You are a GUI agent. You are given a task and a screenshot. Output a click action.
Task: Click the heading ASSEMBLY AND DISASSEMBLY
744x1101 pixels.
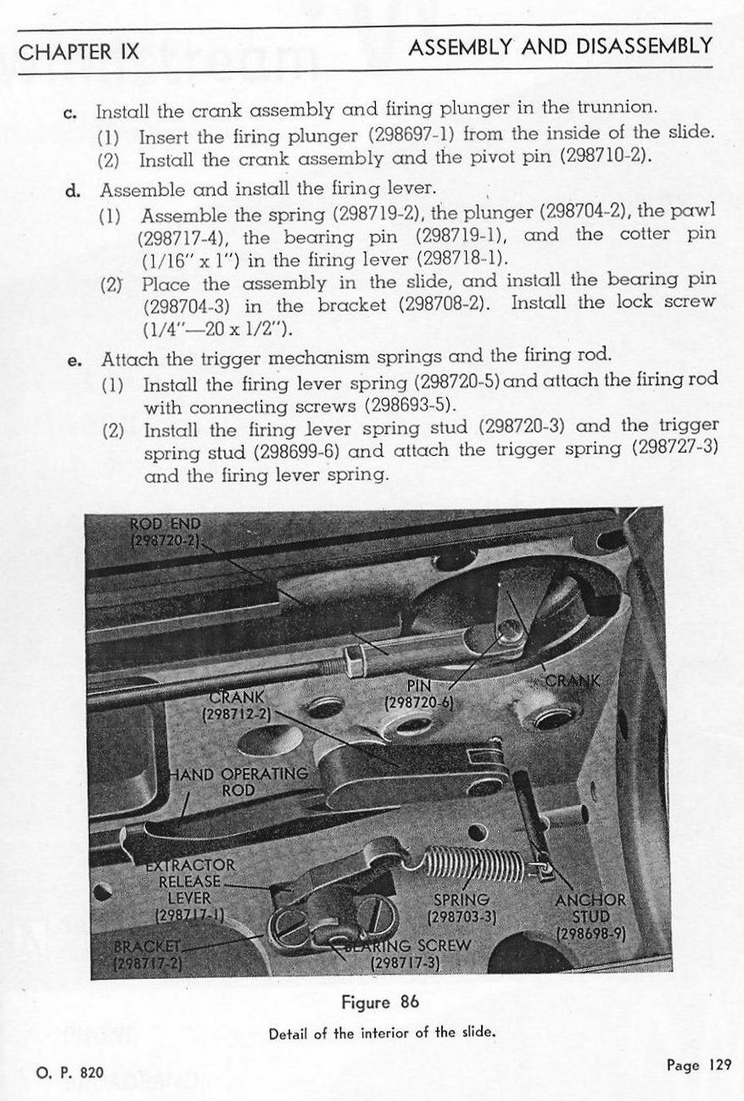(x=560, y=47)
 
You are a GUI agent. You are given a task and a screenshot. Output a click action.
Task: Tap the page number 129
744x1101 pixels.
(x=697, y=1065)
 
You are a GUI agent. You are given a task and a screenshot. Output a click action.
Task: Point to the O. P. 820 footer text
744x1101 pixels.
(x=70, y=1072)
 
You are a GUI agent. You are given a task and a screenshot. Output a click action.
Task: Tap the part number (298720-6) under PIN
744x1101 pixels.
(x=420, y=703)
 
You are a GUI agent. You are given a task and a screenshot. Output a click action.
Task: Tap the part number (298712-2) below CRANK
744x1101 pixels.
(x=234, y=715)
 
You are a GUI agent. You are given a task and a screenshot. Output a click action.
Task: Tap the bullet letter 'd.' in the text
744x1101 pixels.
(x=73, y=189)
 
